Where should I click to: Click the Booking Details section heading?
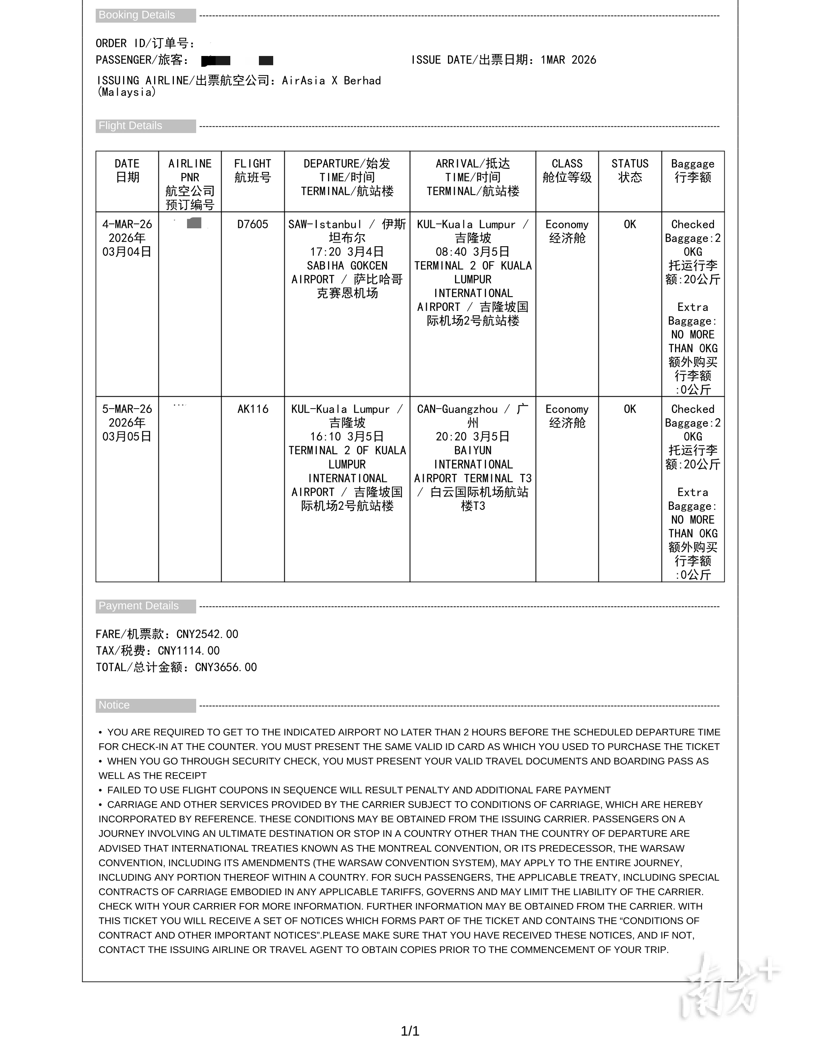point(137,15)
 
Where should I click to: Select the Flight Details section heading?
point(130,125)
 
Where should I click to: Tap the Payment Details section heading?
point(138,606)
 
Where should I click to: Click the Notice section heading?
point(114,705)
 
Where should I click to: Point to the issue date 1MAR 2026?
point(568,60)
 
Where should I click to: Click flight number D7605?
point(253,224)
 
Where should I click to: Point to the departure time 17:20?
point(325,252)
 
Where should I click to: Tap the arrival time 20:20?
point(451,437)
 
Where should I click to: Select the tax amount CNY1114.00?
point(189,651)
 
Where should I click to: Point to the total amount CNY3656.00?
point(226,667)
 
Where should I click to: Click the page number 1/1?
point(410,1031)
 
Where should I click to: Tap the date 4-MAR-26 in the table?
point(127,224)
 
